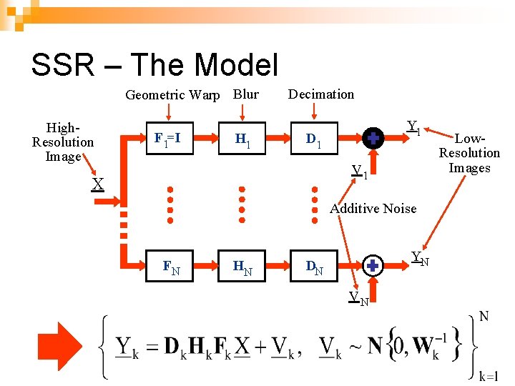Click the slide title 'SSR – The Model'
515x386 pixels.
(x=154, y=65)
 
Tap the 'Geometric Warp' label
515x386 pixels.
(x=172, y=95)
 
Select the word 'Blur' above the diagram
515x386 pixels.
(x=245, y=94)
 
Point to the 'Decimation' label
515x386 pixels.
(x=320, y=94)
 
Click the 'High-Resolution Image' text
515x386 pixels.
(x=62, y=142)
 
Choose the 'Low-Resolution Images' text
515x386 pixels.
(x=469, y=153)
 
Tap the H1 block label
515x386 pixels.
(x=242, y=143)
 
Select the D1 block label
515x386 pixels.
(x=314, y=142)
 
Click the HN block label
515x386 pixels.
(x=242, y=268)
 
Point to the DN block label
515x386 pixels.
(x=314, y=268)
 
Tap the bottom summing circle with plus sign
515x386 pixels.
(x=373, y=266)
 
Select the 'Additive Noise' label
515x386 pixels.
(x=373, y=209)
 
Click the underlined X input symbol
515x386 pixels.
(x=97, y=185)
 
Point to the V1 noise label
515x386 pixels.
(x=359, y=172)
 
